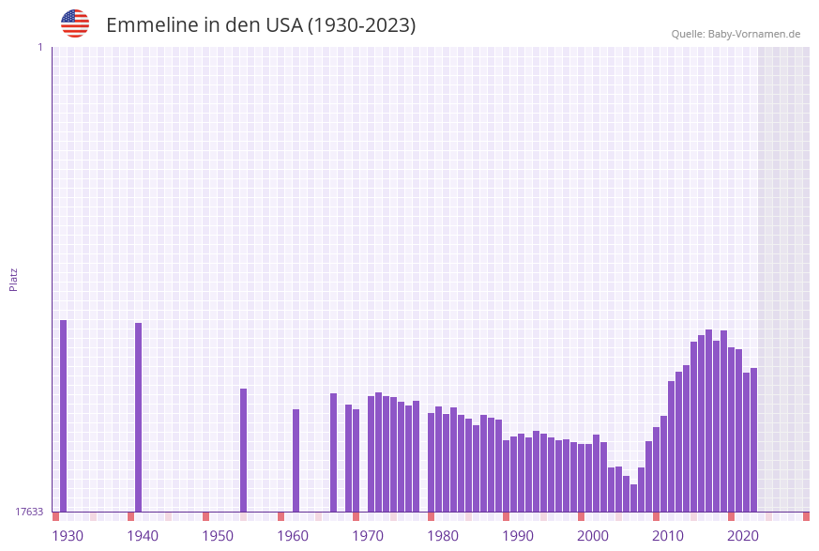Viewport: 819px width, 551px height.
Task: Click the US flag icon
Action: (75, 23)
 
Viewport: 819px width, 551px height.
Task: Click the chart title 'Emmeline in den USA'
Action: (261, 25)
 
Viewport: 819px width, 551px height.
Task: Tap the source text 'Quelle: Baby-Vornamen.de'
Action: (736, 34)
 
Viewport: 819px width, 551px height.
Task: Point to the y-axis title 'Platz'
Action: (14, 279)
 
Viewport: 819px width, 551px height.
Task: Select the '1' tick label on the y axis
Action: (39, 47)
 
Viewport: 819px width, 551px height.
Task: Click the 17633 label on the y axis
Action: (29, 512)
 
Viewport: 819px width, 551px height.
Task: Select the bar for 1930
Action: (64, 416)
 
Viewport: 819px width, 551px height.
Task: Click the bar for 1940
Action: (139, 417)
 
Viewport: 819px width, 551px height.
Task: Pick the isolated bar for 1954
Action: (244, 450)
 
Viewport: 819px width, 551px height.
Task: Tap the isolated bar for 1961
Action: (296, 460)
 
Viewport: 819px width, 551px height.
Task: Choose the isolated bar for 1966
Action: (334, 452)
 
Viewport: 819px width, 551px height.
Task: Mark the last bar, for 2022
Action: (754, 439)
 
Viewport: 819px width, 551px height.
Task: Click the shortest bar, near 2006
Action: (634, 497)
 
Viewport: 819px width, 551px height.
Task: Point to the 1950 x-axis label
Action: (218, 536)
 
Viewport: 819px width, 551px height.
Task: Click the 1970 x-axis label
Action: (368, 536)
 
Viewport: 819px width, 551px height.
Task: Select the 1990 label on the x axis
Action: (518, 536)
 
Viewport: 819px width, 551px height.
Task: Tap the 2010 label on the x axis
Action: (668, 536)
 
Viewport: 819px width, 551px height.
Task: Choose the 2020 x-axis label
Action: (743, 536)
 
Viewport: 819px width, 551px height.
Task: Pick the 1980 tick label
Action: (443, 536)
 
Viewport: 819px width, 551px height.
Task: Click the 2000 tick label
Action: (593, 536)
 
